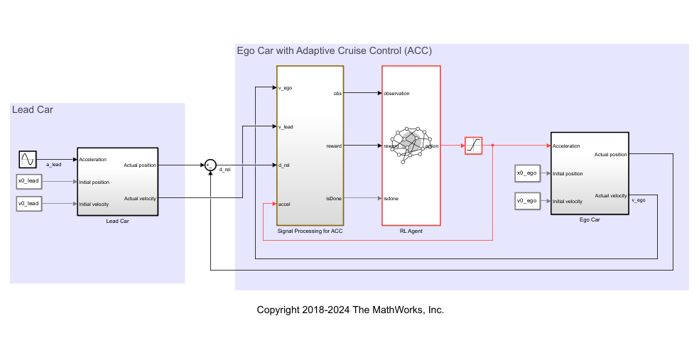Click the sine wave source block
pos(27,159)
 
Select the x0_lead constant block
pos(29,182)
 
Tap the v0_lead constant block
pos(29,204)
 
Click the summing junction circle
pos(210,165)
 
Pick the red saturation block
pos(473,146)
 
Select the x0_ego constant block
pos(528,173)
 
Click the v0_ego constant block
pos(528,202)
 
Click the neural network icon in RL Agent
pos(411,144)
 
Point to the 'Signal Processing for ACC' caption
pos(310,231)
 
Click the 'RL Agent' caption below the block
pos(411,231)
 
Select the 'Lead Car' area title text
pos(33,109)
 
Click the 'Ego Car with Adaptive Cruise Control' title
pos(334,51)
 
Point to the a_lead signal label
pos(53,165)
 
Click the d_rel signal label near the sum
pos(224,170)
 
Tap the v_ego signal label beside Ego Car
pos(638,200)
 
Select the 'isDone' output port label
pos(333,198)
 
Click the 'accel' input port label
pos(285,204)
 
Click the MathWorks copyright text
pos(350,310)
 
